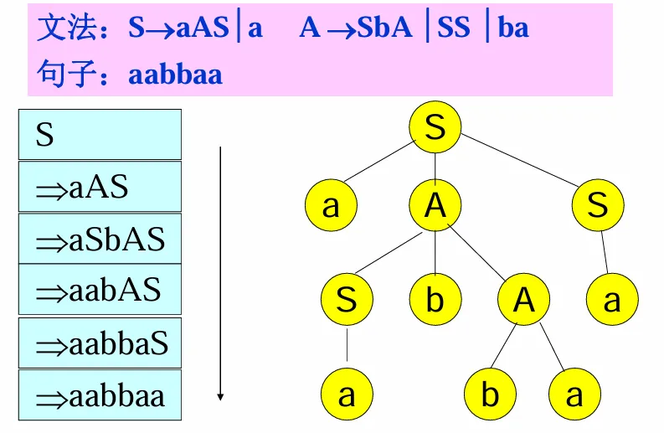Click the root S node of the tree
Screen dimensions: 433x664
click(x=435, y=128)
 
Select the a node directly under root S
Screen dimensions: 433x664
click(x=331, y=206)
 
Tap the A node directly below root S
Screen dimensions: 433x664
click(x=435, y=206)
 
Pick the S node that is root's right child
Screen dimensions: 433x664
click(x=598, y=206)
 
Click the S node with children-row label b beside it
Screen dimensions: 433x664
click(x=347, y=300)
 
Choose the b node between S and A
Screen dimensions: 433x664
click(x=435, y=300)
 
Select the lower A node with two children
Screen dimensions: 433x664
click(x=524, y=300)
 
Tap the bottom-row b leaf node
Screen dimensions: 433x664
click(x=492, y=394)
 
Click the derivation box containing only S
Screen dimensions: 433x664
click(x=100, y=134)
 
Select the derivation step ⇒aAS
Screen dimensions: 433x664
click(x=100, y=186)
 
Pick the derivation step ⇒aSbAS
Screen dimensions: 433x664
click(x=100, y=239)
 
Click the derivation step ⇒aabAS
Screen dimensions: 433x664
click(x=100, y=290)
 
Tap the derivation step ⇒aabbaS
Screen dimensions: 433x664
click(x=100, y=343)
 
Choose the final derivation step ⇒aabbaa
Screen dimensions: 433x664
click(x=100, y=395)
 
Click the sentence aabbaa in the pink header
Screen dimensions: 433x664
click(x=176, y=74)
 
